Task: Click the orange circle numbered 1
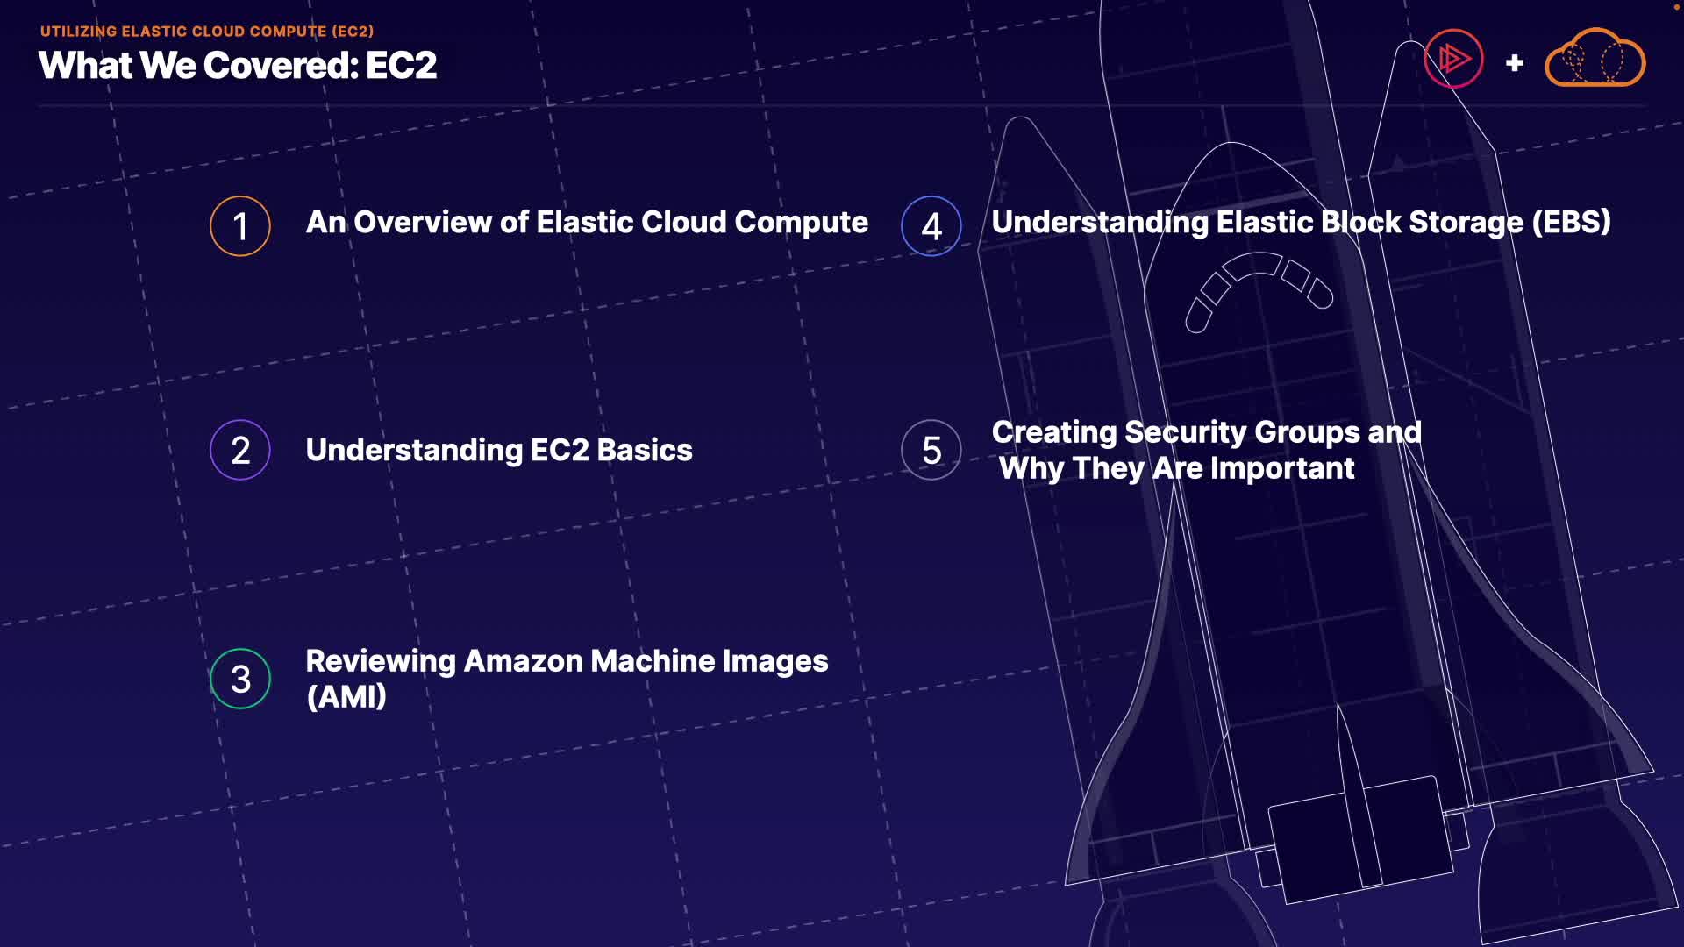pyautogui.click(x=240, y=226)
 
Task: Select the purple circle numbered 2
pyautogui.click(x=240, y=451)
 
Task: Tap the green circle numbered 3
pyautogui.click(x=240, y=679)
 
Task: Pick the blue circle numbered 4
pyautogui.click(x=931, y=226)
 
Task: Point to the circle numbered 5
pyautogui.click(x=931, y=451)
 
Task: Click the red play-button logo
pyautogui.click(x=1453, y=59)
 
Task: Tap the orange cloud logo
pyautogui.click(x=1595, y=59)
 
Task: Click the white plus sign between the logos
pyautogui.click(x=1515, y=63)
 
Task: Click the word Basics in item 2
pyautogui.click(x=645, y=451)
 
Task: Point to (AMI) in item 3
pyautogui.click(x=346, y=697)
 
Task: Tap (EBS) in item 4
pyautogui.click(x=1571, y=223)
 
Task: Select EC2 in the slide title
pyautogui.click(x=401, y=66)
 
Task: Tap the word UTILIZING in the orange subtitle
pyautogui.click(x=78, y=32)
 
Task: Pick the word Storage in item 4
pyautogui.click(x=1466, y=223)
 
